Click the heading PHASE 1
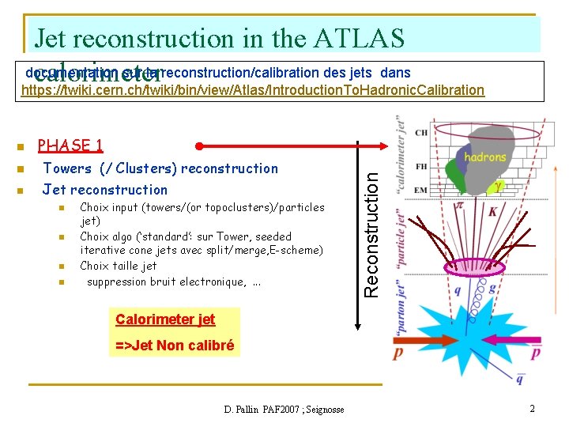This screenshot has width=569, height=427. pyautogui.click(x=70, y=145)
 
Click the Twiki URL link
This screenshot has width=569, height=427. pyautogui.click(x=253, y=90)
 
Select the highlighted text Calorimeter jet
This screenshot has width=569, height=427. pyautogui.click(x=165, y=319)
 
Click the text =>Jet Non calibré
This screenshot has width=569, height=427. pyautogui.click(x=175, y=345)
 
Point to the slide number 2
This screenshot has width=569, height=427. pyautogui.click(x=532, y=409)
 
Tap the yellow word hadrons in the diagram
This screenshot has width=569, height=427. pyautogui.click(x=484, y=157)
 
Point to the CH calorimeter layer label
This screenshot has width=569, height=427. pyautogui.click(x=420, y=132)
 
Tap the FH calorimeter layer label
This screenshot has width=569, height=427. pyautogui.click(x=420, y=167)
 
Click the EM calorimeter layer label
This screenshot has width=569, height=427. pyautogui.click(x=420, y=190)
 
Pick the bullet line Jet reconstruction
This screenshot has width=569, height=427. pyautogui.click(x=105, y=190)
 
